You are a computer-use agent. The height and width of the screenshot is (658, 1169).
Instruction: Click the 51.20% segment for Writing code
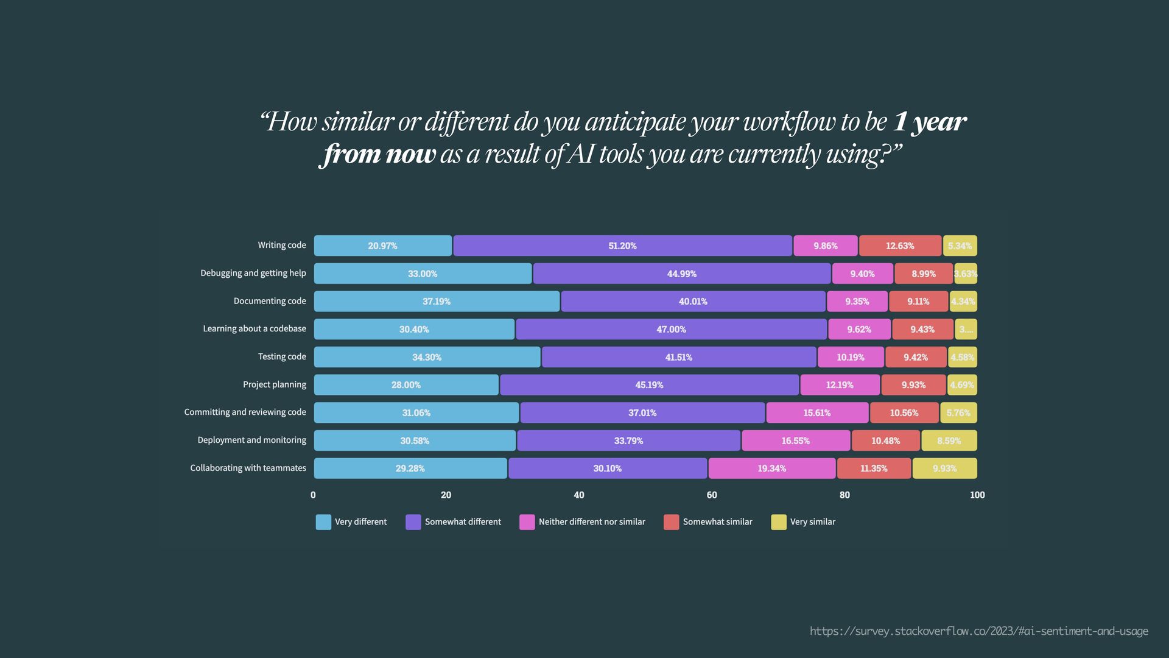[622, 246]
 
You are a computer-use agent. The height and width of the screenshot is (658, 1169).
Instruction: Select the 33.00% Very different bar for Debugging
[423, 274]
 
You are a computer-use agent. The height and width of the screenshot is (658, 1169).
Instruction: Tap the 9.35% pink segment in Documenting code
[857, 302]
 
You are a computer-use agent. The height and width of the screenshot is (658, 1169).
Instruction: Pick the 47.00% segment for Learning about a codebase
[671, 329]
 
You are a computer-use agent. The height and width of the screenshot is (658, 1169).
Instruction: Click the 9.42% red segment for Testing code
[916, 357]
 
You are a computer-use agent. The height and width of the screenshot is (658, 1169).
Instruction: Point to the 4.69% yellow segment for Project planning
[962, 385]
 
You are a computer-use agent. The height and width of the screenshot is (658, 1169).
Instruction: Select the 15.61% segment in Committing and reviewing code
[817, 412]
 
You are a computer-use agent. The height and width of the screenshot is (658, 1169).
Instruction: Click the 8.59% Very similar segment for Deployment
[949, 440]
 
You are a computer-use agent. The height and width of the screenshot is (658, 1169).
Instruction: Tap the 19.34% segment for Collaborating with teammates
[771, 469]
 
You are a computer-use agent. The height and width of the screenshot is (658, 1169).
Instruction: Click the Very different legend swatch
[323, 522]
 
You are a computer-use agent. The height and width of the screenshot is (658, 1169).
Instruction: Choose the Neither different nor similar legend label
[591, 522]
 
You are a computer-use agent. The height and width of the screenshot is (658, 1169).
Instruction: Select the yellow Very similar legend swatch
[779, 522]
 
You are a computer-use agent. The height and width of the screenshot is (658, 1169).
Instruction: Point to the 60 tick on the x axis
[712, 495]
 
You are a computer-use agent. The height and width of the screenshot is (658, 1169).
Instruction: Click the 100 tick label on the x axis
[977, 495]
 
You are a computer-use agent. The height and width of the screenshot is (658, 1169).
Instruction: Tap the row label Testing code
[282, 356]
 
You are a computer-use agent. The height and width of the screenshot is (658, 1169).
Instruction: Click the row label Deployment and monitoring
[251, 440]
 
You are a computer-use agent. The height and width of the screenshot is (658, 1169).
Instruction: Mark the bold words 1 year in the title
[929, 122]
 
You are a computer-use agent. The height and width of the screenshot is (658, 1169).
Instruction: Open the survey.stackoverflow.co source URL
[978, 631]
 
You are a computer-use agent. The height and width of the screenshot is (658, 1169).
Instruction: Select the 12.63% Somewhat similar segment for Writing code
[900, 246]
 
